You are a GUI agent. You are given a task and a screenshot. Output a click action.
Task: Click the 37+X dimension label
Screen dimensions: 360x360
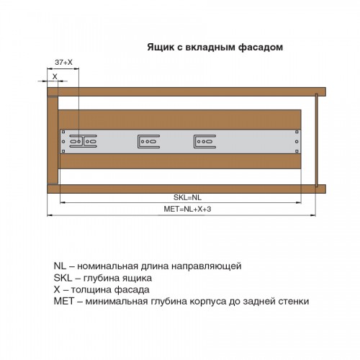[x=63, y=62]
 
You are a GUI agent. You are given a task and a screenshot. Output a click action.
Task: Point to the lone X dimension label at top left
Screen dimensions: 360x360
[x=55, y=76]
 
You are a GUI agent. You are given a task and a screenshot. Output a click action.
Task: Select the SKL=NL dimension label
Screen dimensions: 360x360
[x=187, y=197]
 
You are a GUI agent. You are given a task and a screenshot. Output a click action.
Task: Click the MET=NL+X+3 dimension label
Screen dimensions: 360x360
[x=187, y=209]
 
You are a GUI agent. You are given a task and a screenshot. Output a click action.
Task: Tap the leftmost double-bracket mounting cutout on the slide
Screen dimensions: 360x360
[x=83, y=141]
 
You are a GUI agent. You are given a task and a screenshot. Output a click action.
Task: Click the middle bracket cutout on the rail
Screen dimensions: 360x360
[x=149, y=141]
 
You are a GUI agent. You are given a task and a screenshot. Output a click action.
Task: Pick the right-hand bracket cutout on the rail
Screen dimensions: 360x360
[x=204, y=141]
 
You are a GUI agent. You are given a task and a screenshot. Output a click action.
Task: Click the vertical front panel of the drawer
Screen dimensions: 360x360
[x=53, y=140]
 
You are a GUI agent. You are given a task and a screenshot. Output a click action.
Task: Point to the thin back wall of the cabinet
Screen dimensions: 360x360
[x=317, y=140]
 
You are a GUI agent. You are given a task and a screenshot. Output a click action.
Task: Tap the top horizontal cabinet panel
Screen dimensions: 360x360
[x=186, y=92]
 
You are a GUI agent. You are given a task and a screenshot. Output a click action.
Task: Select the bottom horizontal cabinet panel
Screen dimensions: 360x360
[x=186, y=189]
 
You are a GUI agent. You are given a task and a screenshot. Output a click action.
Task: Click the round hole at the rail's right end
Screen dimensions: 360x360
[x=297, y=142]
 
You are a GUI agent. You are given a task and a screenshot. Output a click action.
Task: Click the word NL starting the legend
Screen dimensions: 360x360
[x=60, y=266]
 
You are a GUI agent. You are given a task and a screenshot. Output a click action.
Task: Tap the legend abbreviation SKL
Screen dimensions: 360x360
[x=63, y=278]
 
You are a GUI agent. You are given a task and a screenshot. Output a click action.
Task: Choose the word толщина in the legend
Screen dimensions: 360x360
[x=91, y=289]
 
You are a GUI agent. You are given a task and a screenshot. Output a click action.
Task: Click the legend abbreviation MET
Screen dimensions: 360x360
[x=64, y=301]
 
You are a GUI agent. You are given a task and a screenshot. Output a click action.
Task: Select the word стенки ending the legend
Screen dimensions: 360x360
[x=294, y=301]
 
